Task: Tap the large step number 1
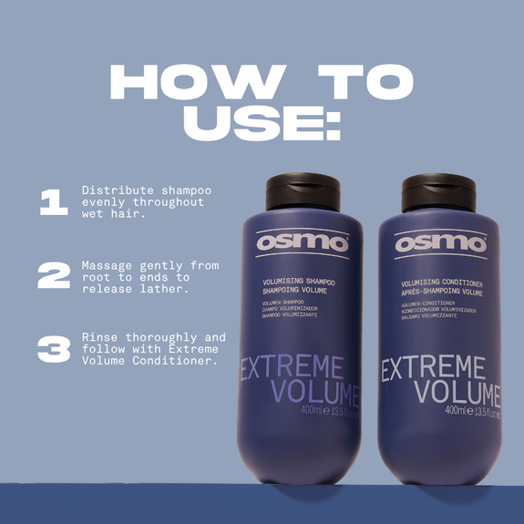point(53,203)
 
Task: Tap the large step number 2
point(53,275)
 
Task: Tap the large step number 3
point(53,349)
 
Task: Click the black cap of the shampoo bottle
point(303,192)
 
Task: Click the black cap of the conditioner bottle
point(438,192)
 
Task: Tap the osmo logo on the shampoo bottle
point(302,241)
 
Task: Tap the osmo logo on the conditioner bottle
point(440,243)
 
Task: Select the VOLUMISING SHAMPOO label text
point(295,282)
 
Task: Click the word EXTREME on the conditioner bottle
point(433,370)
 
